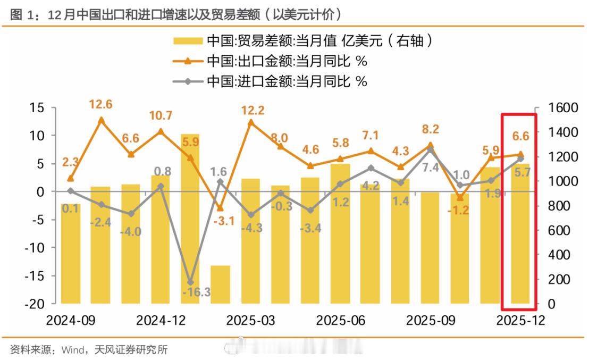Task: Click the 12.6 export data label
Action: [x=101, y=104]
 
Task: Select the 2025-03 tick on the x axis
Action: [x=251, y=321]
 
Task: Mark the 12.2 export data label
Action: [x=252, y=111]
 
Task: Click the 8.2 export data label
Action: [x=430, y=129]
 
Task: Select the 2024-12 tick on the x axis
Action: [x=161, y=321]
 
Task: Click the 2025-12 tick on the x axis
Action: [x=520, y=321]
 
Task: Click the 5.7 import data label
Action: [x=521, y=172]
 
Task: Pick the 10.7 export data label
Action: [x=161, y=115]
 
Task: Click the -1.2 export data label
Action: [x=460, y=210]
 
